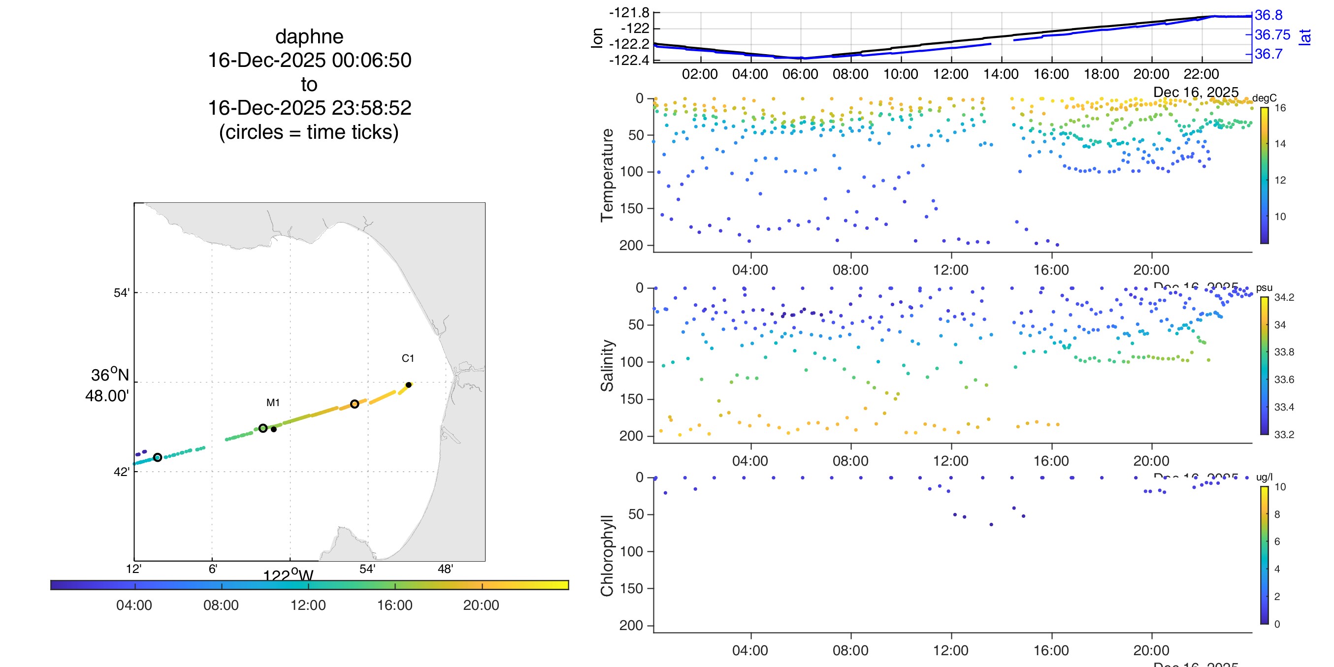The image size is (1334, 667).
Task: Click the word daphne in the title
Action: (x=309, y=37)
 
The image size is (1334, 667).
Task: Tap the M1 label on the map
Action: (x=273, y=403)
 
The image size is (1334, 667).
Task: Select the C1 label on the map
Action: (x=408, y=358)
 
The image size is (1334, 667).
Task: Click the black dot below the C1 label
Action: (x=409, y=385)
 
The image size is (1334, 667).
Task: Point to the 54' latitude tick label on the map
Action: (x=121, y=293)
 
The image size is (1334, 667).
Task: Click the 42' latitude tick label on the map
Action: (x=121, y=472)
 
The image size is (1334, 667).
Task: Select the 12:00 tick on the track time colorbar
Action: (x=308, y=605)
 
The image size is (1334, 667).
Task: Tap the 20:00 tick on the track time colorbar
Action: (x=481, y=605)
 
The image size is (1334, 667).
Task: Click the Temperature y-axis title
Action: (x=607, y=175)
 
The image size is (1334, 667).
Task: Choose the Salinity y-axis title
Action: (x=607, y=366)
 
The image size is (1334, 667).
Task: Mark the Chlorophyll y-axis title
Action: (x=607, y=555)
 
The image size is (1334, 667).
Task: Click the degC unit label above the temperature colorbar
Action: (x=1264, y=98)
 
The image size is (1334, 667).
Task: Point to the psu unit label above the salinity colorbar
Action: (x=1264, y=288)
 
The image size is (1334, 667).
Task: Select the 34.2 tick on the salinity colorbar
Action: (x=1284, y=297)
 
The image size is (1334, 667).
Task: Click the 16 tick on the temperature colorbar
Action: (x=1280, y=108)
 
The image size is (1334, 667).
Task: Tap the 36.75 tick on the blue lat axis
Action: (x=1272, y=34)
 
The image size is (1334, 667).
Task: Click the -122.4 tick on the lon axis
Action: (x=629, y=61)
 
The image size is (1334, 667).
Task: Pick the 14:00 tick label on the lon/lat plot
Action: (x=1001, y=74)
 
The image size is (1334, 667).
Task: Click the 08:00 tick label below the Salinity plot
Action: (x=850, y=461)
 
